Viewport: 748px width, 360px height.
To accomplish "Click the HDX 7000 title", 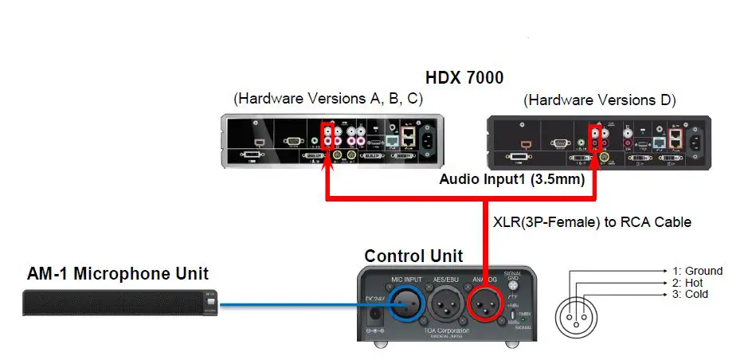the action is [464, 79].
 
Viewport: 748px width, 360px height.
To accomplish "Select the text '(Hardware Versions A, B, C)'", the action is [327, 99].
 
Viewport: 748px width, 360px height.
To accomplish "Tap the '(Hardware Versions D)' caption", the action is [599, 100].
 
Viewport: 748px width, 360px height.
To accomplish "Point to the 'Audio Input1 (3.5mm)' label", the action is [512, 180].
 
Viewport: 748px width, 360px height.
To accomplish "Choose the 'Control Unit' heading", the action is [413, 256].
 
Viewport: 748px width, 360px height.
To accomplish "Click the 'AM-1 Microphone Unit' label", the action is [118, 275].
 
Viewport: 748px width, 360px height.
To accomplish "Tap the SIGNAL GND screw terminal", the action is [514, 284].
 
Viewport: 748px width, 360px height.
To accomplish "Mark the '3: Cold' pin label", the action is [689, 295].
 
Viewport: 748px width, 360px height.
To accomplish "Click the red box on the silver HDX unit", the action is [328, 132].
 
